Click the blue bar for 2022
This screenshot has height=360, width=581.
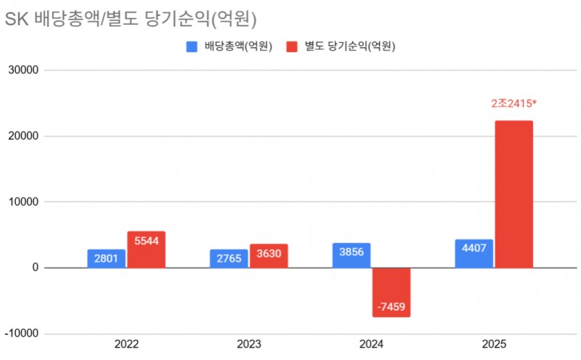pos(106,259)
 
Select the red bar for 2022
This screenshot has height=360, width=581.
pos(146,250)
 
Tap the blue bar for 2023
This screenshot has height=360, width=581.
pos(229,259)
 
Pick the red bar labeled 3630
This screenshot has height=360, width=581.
pos(269,256)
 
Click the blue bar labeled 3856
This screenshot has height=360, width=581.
pos(352,255)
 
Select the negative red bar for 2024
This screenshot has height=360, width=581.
pos(391,292)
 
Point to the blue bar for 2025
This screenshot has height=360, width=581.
pos(474,254)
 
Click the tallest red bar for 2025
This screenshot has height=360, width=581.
pos(513,195)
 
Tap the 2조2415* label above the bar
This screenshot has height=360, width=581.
pos(513,104)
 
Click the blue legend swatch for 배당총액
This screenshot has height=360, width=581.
pos(192,46)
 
